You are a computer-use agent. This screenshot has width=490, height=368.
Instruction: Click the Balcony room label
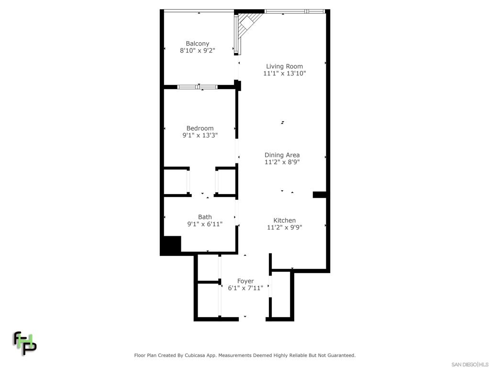click(198, 44)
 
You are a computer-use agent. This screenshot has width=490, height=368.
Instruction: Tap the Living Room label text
click(284, 66)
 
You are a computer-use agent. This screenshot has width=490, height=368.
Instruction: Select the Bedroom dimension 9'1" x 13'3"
click(200, 135)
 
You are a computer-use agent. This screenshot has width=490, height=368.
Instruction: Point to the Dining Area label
click(282, 155)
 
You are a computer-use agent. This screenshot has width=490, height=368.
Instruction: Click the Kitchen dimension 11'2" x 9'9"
click(285, 227)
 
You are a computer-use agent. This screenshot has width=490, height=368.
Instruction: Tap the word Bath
click(205, 217)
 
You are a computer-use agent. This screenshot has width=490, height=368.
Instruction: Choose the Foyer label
click(245, 281)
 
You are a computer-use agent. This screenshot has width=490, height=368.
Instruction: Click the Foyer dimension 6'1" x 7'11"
click(245, 288)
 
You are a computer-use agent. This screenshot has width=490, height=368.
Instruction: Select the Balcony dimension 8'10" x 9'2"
click(198, 50)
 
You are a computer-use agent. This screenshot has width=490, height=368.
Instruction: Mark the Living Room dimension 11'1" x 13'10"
click(284, 73)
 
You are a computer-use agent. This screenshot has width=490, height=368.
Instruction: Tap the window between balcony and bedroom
click(198, 87)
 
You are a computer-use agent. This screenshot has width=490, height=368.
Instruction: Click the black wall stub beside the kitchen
click(319, 195)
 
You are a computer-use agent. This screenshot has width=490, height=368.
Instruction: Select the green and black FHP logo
click(25, 343)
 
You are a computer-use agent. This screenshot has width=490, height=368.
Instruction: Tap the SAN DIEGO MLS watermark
click(470, 365)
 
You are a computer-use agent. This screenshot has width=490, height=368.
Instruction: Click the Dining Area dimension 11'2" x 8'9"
click(282, 162)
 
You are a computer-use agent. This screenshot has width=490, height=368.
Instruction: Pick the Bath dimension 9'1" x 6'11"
click(205, 224)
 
